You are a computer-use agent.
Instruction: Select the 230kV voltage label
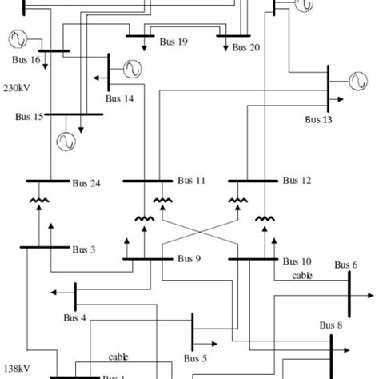click(x=18, y=86)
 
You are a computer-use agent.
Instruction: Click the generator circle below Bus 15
click(x=64, y=141)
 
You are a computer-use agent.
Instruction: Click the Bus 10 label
click(x=296, y=261)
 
